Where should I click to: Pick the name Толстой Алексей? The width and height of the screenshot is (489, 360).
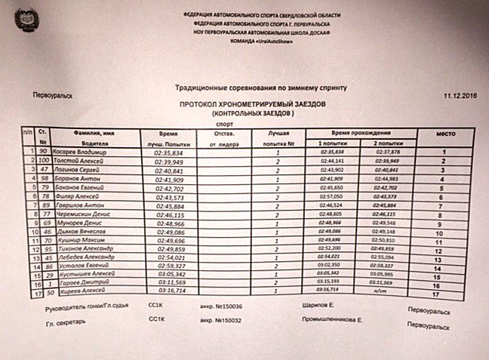[81, 162]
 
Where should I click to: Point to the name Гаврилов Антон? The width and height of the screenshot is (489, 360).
[81, 205]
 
